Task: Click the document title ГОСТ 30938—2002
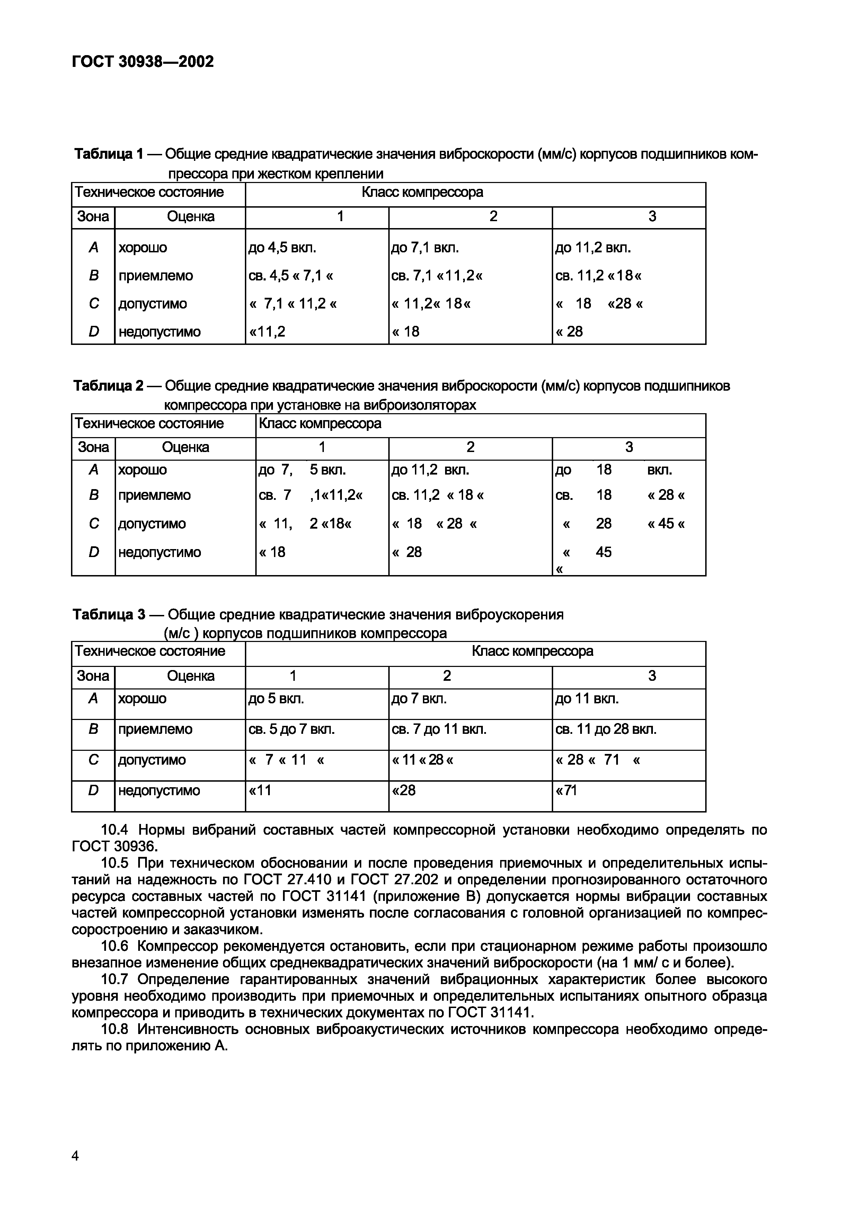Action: tap(143, 62)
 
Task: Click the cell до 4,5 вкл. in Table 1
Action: tap(282, 248)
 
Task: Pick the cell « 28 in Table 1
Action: tap(569, 331)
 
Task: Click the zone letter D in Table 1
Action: tap(94, 331)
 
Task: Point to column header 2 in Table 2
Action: tap(470, 448)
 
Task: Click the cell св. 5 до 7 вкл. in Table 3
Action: tap(292, 729)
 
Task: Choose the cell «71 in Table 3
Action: tap(566, 790)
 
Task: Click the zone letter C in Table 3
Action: tap(94, 759)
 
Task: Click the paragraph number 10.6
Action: tap(115, 946)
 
